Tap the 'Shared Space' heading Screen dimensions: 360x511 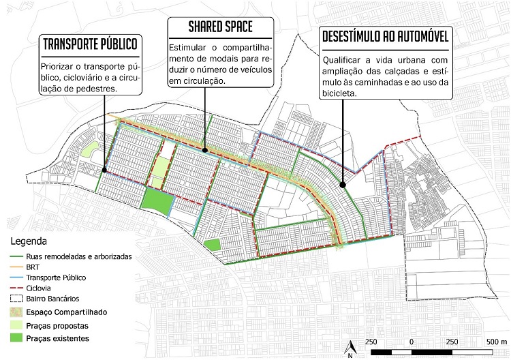[x=221, y=27]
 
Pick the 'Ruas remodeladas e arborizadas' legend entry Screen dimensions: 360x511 [x=78, y=256]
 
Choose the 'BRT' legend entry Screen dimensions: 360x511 [x=33, y=267]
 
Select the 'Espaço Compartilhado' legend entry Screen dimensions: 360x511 [x=67, y=312]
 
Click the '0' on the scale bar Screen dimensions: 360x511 [x=411, y=340]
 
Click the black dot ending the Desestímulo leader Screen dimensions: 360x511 [x=342, y=183]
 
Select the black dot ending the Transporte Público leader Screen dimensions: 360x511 [x=104, y=170]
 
